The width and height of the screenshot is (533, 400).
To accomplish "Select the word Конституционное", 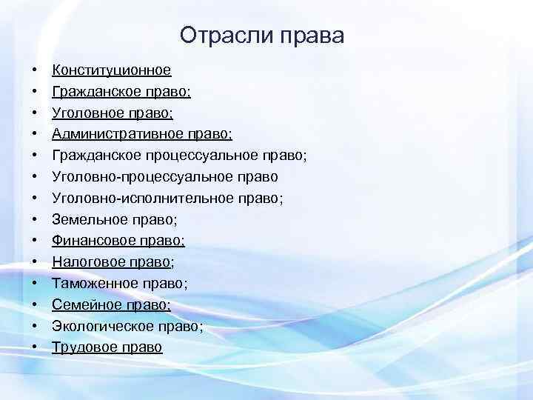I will pyautogui.click(x=111, y=70).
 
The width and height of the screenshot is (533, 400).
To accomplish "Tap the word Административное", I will pyautogui.click(x=114, y=134).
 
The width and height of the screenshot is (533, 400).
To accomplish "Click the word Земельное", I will pyautogui.click(x=84, y=220).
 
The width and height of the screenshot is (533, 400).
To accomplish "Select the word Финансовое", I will pyautogui.click(x=89, y=241).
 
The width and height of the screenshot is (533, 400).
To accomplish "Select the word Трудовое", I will pyautogui.click(x=80, y=347).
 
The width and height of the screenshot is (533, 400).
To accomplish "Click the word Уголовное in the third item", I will pyautogui.click(x=84, y=113).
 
